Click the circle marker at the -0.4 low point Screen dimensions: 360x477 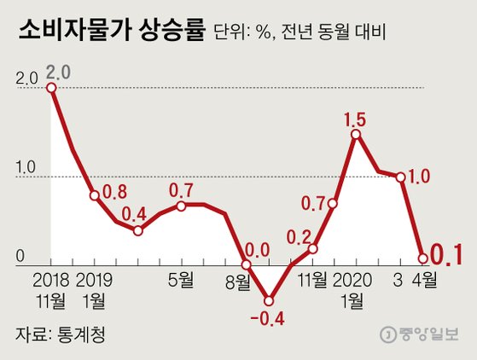(269, 300)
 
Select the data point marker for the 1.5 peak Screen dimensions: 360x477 (355, 134)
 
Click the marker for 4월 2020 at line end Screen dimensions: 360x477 (422, 258)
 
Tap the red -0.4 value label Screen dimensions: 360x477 (269, 322)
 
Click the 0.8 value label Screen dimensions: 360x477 (113, 192)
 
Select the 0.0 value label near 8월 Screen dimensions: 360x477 (257, 250)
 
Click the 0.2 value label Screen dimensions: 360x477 (299, 233)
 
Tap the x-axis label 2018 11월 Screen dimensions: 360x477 (53, 290)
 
